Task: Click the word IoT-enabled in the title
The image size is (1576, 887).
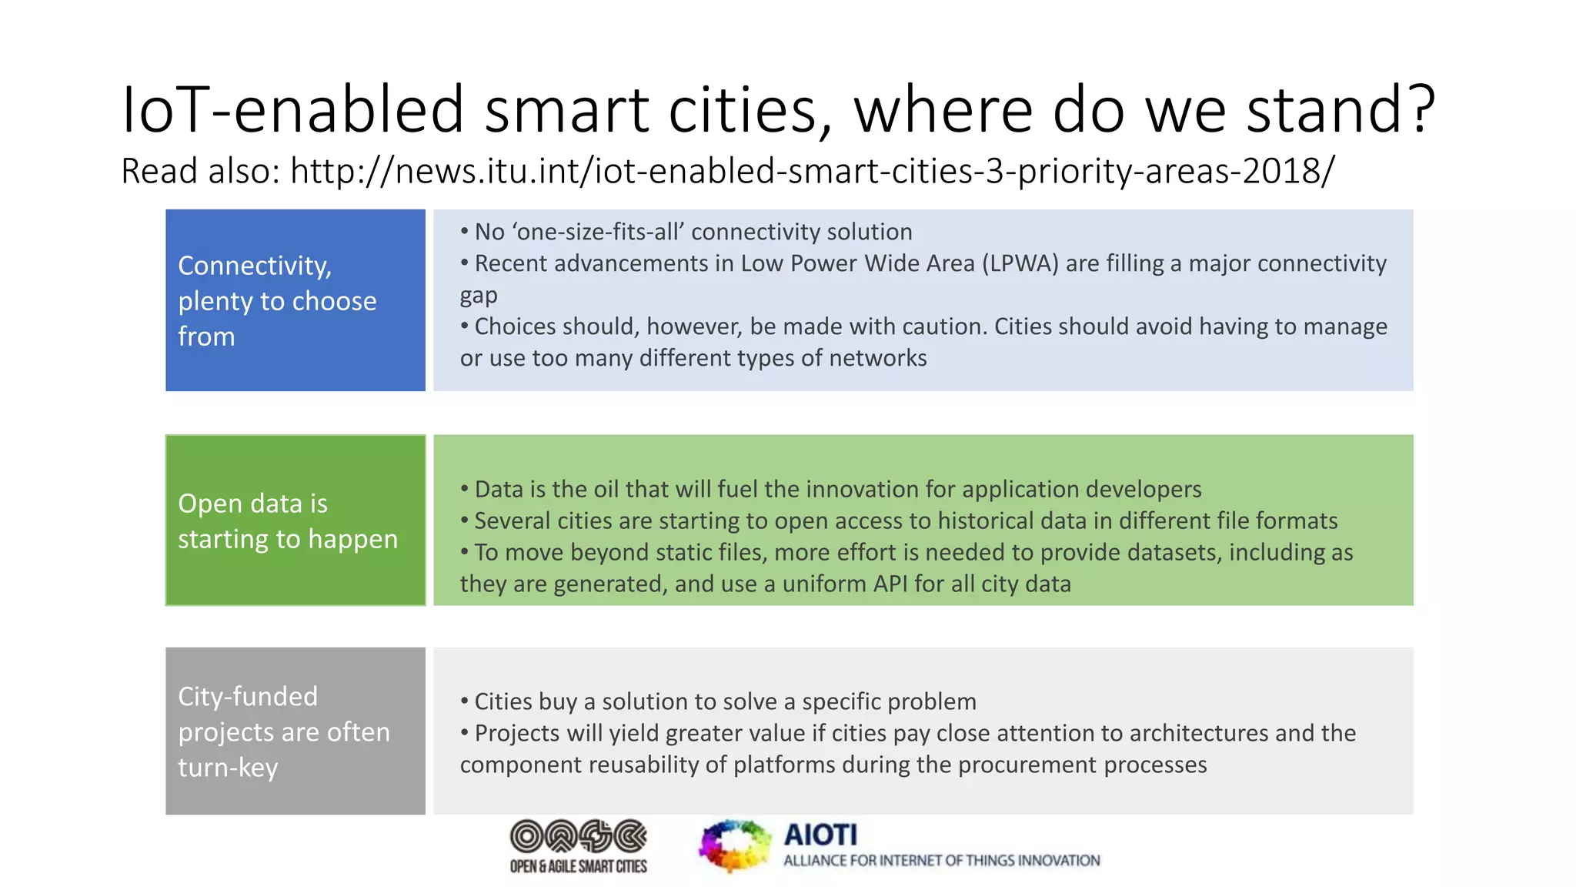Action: (x=292, y=109)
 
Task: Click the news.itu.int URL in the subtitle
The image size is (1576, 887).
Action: (x=812, y=171)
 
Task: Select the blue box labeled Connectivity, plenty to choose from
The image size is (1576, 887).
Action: (x=295, y=300)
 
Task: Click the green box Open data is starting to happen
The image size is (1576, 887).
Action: (x=295, y=520)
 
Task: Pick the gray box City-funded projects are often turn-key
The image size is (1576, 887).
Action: (x=295, y=731)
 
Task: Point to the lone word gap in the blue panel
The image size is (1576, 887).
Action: (x=479, y=296)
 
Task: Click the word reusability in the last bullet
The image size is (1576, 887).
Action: (x=643, y=765)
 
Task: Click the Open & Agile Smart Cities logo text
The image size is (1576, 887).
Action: (x=578, y=866)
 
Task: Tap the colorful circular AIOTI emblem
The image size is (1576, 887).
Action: (x=735, y=846)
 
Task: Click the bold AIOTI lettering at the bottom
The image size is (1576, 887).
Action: (x=820, y=835)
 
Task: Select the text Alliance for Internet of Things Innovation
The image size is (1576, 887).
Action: (x=941, y=861)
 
